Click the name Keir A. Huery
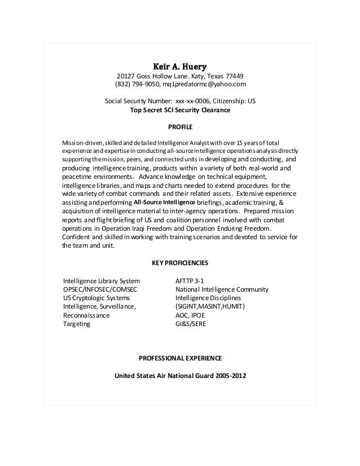click(180, 65)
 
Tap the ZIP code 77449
click(234, 77)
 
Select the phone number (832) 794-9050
click(137, 85)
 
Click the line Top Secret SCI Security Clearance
click(180, 111)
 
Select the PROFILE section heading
click(180, 128)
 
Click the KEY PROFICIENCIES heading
click(180, 263)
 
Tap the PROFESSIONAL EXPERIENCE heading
click(180, 358)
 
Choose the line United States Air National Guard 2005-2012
click(180, 376)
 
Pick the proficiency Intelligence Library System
click(102, 280)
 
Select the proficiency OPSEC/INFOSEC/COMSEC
click(100, 289)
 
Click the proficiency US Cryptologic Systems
click(96, 298)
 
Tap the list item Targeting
click(76, 324)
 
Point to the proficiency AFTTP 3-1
click(190, 280)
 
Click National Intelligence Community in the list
click(222, 289)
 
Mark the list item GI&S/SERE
click(192, 324)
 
